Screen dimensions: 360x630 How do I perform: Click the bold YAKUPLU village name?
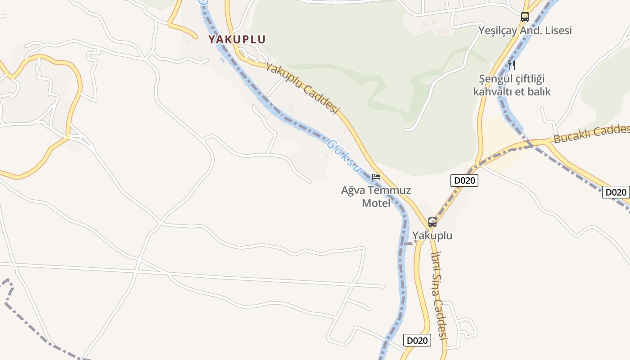point(237,39)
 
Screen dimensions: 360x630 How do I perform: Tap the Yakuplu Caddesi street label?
point(301,88)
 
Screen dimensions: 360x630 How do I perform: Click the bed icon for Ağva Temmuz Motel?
point(376,177)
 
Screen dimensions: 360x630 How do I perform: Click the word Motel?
point(376,203)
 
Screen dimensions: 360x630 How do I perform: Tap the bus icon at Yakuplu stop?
point(432,222)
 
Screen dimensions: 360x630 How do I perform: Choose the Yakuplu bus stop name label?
point(432,236)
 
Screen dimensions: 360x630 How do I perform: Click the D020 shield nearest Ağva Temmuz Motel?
point(464,180)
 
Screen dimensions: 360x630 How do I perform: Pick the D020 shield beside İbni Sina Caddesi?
point(417,340)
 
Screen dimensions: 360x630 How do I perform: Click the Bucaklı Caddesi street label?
point(591,134)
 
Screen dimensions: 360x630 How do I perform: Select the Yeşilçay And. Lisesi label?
point(525,31)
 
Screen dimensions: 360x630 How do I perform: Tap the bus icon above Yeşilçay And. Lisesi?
point(525,17)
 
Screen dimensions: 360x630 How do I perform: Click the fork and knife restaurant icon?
point(512,65)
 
